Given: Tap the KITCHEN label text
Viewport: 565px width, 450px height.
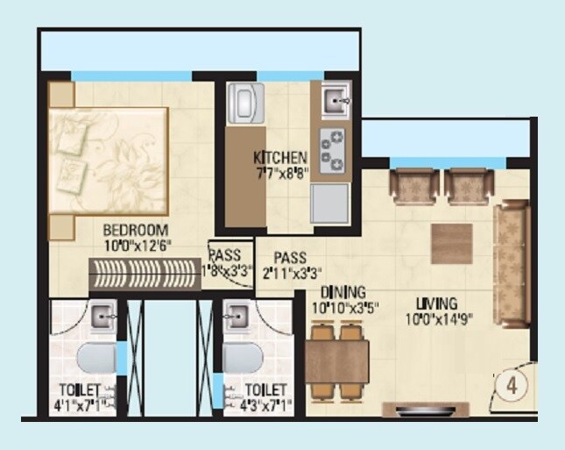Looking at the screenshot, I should pyautogui.click(x=280, y=158).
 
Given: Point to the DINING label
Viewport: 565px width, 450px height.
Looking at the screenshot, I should pyautogui.click(x=343, y=292).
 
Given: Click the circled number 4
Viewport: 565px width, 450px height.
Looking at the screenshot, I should pyautogui.click(x=508, y=383).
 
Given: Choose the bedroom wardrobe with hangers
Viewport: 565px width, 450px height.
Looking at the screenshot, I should pyautogui.click(x=146, y=275).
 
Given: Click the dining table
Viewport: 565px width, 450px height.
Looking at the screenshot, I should pyautogui.click(x=338, y=360).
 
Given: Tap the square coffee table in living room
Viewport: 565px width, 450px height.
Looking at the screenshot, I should pyautogui.click(x=451, y=244).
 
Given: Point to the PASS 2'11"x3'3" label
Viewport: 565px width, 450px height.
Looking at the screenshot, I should pyautogui.click(x=290, y=265).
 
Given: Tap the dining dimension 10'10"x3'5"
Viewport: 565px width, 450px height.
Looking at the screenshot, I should pyautogui.click(x=343, y=308).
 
